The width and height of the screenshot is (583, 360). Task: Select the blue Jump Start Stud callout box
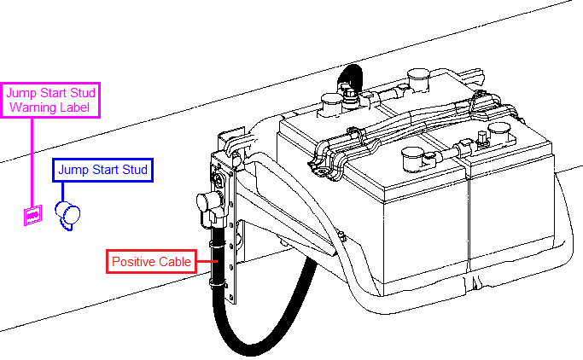click(x=102, y=170)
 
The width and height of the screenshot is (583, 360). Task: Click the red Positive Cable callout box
click(x=150, y=261)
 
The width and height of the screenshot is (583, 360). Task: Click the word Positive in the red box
click(x=133, y=261)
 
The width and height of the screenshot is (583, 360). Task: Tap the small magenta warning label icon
click(x=32, y=216)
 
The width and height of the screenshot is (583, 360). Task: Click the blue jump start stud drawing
click(x=67, y=215)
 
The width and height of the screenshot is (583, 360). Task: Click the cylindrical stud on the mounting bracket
click(x=207, y=205)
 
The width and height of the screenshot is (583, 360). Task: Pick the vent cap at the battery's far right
click(x=499, y=132)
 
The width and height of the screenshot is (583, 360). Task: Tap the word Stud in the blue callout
click(x=132, y=170)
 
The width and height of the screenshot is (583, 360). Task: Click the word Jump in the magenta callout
click(x=21, y=92)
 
